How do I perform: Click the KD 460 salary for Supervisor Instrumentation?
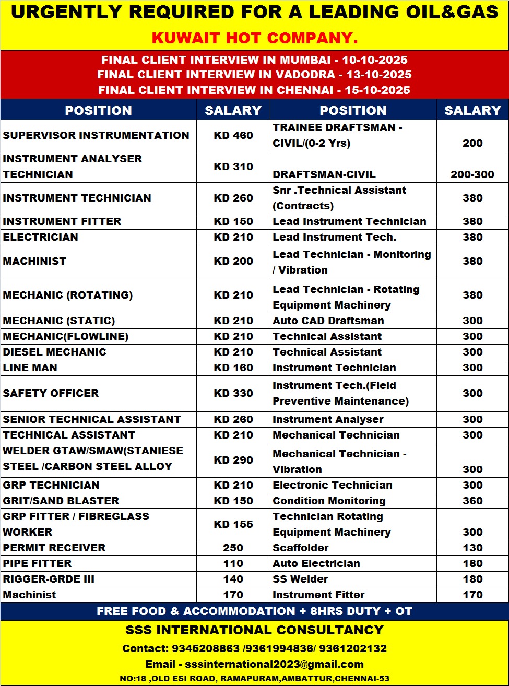[233, 135]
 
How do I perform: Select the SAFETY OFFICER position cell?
[51, 393]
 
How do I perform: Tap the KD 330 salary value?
[233, 393]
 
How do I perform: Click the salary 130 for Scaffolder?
[472, 548]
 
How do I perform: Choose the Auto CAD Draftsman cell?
[328, 321]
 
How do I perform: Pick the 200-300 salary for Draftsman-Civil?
[472, 174]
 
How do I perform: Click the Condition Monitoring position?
[329, 501]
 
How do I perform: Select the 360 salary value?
[472, 501]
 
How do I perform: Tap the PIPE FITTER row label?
[38, 563]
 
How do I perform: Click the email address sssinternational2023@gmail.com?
[274, 664]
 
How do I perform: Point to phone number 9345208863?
[206, 648]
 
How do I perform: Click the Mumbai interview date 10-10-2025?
[374, 60]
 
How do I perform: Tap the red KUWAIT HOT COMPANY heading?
[255, 38]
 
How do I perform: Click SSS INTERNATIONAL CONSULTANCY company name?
[255, 630]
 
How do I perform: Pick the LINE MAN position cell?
[30, 368]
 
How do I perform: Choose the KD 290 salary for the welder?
[233, 460]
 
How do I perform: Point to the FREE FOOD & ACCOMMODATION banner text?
[255, 611]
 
